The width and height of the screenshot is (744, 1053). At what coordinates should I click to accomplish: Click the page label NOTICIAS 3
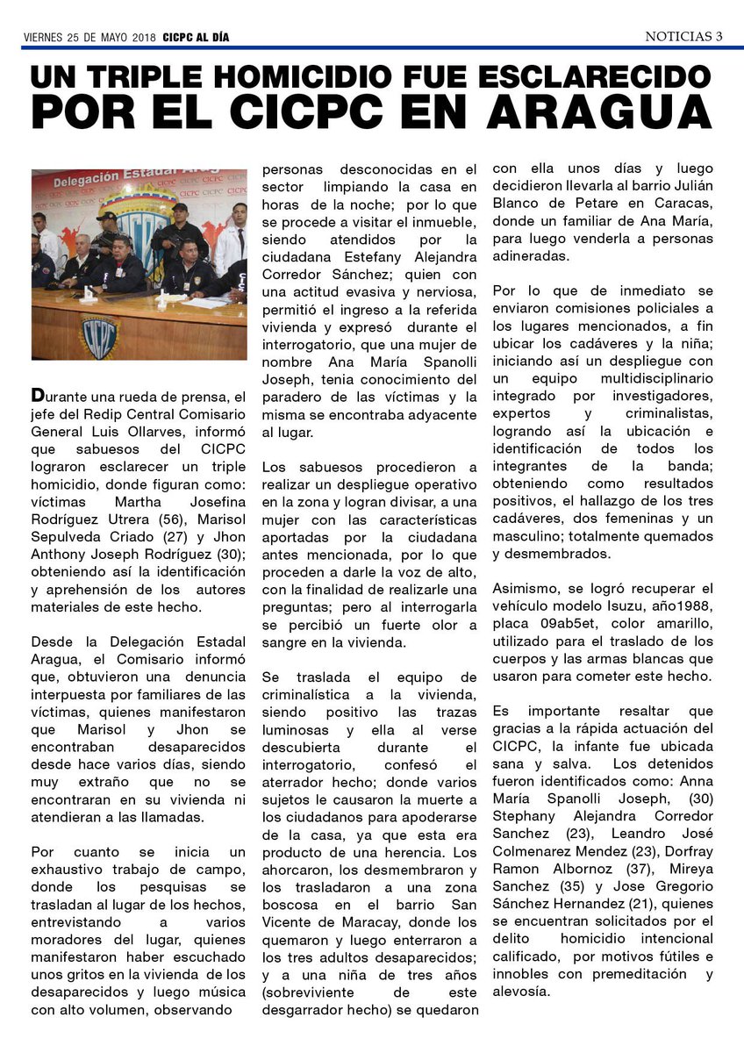tap(683, 36)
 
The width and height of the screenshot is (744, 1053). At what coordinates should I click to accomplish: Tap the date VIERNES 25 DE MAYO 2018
tap(89, 38)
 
